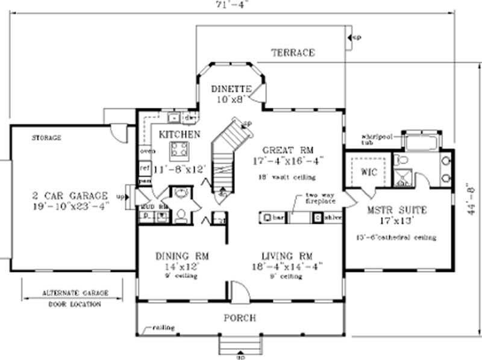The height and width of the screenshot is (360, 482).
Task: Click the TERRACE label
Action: tap(292, 53)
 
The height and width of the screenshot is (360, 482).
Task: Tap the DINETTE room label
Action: tap(231, 89)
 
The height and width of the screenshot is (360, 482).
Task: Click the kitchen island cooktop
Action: tap(178, 149)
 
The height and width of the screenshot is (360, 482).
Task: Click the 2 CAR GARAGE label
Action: tap(70, 196)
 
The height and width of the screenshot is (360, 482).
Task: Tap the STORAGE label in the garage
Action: tap(46, 138)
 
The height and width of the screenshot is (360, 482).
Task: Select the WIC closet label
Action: tap(368, 172)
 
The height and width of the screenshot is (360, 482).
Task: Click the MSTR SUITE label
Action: tap(397, 210)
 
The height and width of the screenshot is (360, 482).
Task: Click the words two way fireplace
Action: tap(319, 200)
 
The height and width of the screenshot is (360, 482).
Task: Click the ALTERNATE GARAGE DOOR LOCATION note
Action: tap(75, 298)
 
